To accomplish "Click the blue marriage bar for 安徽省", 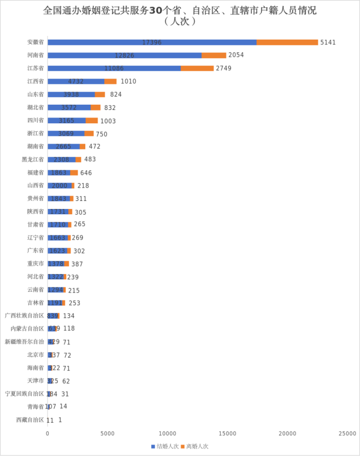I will click(152, 42).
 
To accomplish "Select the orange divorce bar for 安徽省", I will click(287, 42).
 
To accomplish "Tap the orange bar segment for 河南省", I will click(213, 55).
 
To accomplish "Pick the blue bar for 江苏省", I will click(114, 68).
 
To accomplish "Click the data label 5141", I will click(328, 42).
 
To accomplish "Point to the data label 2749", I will click(223, 68).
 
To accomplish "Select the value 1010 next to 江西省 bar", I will click(129, 81).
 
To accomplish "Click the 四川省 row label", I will click(35, 120).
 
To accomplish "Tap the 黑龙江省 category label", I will click(33, 159).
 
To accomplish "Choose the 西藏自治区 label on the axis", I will click(30, 420).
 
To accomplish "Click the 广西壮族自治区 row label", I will click(24, 316).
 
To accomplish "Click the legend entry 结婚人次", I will click(165, 446).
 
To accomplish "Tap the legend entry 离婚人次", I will click(195, 446).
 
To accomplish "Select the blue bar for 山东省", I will click(71, 94).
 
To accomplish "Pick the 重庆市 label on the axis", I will click(35, 263).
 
